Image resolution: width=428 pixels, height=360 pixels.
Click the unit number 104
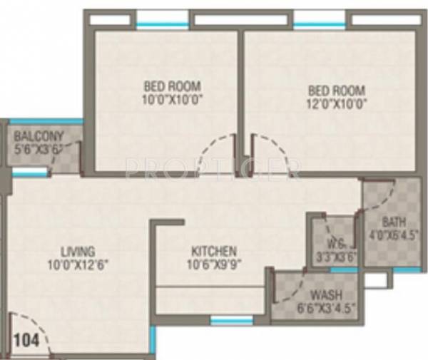[26, 340]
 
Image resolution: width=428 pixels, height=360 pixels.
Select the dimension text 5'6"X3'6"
[39, 150]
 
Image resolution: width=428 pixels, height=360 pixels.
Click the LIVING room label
[78, 250]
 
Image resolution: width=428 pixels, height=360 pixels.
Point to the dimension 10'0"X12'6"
[78, 263]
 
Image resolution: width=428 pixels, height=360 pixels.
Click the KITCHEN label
[214, 251]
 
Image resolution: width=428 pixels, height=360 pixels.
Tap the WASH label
[326, 295]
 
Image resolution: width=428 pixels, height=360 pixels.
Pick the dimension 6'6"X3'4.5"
[325, 308]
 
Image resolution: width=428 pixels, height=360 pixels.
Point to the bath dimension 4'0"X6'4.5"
[393, 233]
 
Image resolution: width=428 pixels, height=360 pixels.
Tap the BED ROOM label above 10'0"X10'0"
[168, 89]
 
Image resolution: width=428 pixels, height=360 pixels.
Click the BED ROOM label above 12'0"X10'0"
[337, 91]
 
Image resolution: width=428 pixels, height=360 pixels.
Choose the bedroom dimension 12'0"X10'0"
[337, 103]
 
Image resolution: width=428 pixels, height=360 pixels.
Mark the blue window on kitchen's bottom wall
[232, 321]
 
